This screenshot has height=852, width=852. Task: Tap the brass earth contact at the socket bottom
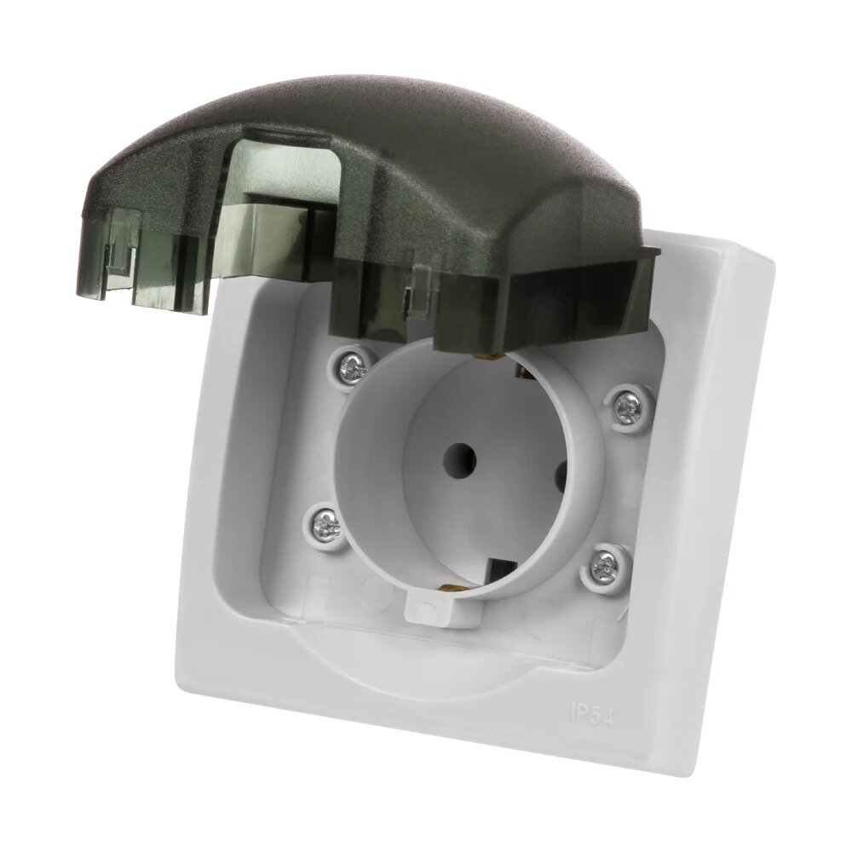click(x=446, y=585)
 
